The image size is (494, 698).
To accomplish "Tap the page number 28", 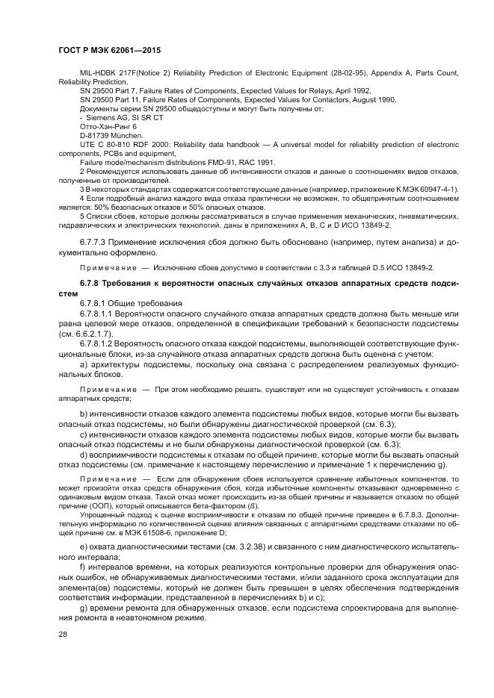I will [x=62, y=634].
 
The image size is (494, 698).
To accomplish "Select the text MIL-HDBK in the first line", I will [x=96, y=72].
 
